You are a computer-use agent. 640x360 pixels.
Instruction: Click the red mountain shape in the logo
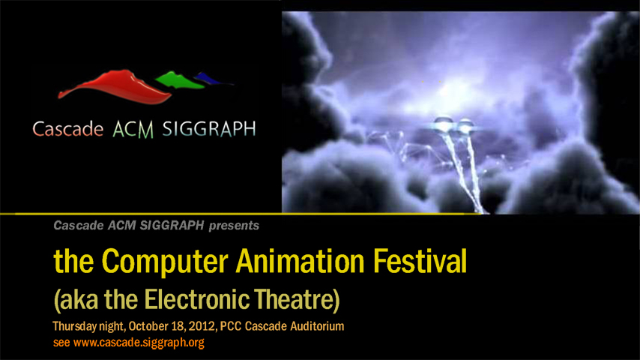pyautogui.click(x=116, y=88)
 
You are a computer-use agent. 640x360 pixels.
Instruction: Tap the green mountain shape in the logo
pyautogui.click(x=179, y=80)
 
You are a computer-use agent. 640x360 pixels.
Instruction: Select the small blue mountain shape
pyautogui.click(x=212, y=79)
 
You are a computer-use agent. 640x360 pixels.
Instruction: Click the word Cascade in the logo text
pyautogui.click(x=67, y=129)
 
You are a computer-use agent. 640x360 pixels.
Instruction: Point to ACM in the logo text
pyautogui.click(x=133, y=130)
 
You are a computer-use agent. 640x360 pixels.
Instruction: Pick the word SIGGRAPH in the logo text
pyautogui.click(x=209, y=129)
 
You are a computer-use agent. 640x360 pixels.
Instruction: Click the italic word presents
pyautogui.click(x=234, y=226)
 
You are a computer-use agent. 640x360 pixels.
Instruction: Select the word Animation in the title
pyautogui.click(x=300, y=261)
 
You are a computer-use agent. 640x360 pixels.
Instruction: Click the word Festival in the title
pyautogui.click(x=420, y=261)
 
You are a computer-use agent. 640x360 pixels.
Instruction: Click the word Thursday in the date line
pyautogui.click(x=75, y=326)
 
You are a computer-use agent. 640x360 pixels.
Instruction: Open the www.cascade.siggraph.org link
pyautogui.click(x=139, y=343)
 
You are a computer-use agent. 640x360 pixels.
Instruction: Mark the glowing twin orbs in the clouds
pyautogui.click(x=454, y=124)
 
